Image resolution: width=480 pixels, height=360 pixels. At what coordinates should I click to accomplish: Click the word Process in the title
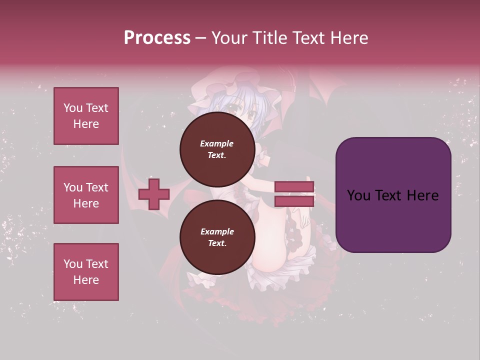pyautogui.click(x=157, y=38)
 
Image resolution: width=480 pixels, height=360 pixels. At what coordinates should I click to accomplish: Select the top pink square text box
pyautogui.click(x=86, y=116)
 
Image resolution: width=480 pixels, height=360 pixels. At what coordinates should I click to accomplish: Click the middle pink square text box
pyautogui.click(x=86, y=195)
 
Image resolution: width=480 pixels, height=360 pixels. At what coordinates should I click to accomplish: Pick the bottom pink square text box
pyautogui.click(x=86, y=271)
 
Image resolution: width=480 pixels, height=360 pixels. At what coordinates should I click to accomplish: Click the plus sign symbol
pyautogui.click(x=153, y=194)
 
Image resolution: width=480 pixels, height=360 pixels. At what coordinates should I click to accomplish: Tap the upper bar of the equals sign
pyautogui.click(x=294, y=187)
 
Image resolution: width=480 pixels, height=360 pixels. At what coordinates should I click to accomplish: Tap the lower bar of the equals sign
pyautogui.click(x=294, y=201)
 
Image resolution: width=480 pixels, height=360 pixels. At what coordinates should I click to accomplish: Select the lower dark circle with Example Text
pyautogui.click(x=216, y=237)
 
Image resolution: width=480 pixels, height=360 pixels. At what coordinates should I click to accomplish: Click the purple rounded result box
pyautogui.click(x=393, y=195)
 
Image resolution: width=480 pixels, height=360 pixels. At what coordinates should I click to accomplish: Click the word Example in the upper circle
pyautogui.click(x=216, y=143)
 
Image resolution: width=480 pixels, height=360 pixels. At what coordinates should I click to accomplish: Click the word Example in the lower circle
pyautogui.click(x=216, y=231)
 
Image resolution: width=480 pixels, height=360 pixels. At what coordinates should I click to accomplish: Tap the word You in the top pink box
pyautogui.click(x=72, y=108)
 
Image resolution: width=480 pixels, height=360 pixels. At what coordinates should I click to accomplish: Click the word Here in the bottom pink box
pyautogui.click(x=86, y=280)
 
